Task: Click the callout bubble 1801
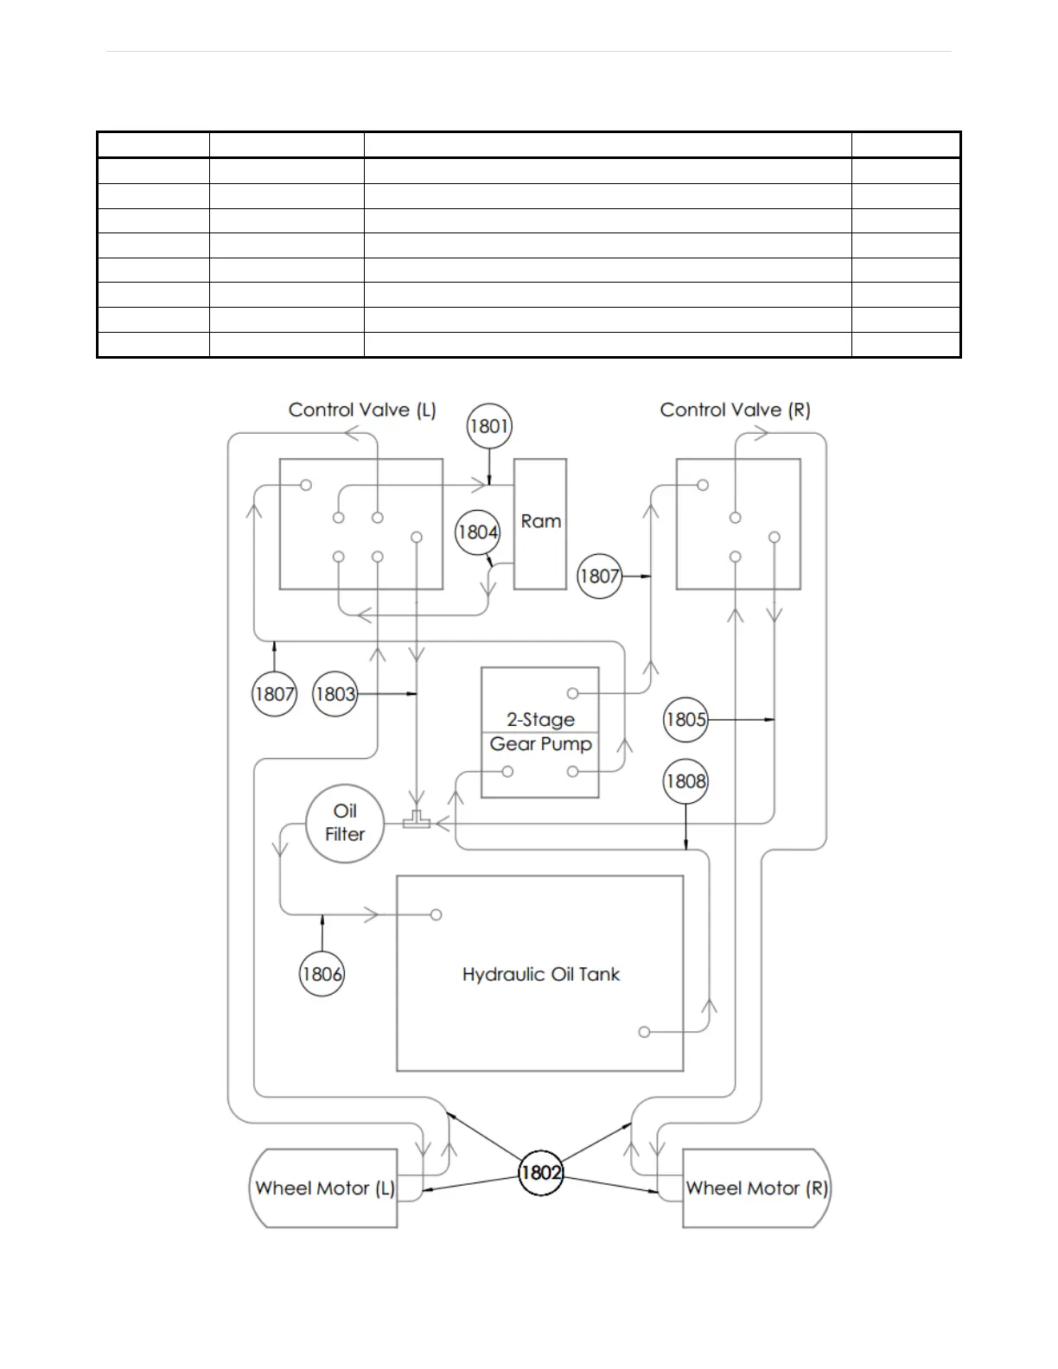click(x=489, y=426)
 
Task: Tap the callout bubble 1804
click(x=478, y=532)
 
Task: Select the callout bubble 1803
click(x=335, y=694)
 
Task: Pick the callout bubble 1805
click(x=686, y=720)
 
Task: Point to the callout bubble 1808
click(x=685, y=781)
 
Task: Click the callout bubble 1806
click(x=322, y=974)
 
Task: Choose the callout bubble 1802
click(x=541, y=1173)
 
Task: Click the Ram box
click(x=540, y=524)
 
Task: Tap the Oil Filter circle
click(x=345, y=823)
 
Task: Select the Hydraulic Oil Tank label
click(x=541, y=975)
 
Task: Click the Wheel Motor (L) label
click(x=324, y=1188)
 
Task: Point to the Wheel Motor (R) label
click(x=756, y=1188)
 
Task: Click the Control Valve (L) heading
click(x=362, y=410)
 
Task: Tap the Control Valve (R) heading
click(x=735, y=410)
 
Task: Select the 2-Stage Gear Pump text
click(x=540, y=732)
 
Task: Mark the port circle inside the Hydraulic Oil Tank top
click(x=437, y=914)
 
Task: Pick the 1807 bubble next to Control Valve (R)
click(x=600, y=576)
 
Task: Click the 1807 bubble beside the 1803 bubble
click(x=274, y=694)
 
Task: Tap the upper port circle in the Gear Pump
click(x=572, y=693)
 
